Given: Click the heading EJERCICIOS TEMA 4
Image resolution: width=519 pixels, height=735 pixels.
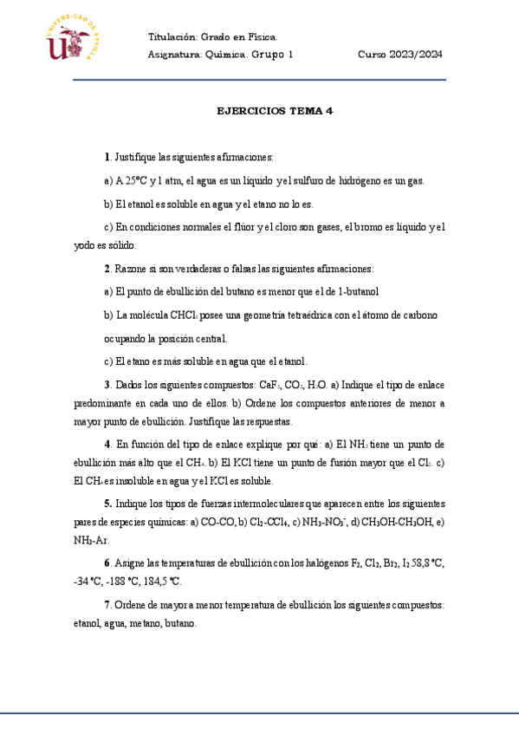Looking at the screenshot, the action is (x=275, y=111).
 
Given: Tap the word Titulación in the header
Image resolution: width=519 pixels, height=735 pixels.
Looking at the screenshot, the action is (x=172, y=37).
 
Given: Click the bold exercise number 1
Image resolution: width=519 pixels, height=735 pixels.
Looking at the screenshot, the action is (x=107, y=157).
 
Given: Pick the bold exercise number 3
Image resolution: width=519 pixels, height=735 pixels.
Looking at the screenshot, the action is (x=107, y=384).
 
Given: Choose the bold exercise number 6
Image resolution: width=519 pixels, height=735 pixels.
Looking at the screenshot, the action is (x=107, y=563).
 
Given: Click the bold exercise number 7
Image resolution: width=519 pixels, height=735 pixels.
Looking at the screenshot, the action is (x=107, y=604).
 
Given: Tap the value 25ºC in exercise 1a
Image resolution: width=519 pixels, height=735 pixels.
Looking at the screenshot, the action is (x=132, y=181).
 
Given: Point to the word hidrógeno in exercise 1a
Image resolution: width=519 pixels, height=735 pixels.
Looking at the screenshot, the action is (x=335, y=181).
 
